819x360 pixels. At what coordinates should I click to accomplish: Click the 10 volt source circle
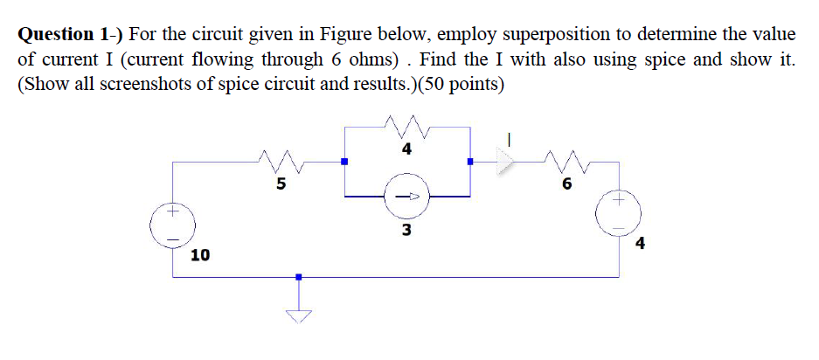[x=172, y=225]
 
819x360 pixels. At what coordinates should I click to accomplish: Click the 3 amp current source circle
[x=407, y=197]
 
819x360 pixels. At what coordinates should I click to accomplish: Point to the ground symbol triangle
[x=298, y=315]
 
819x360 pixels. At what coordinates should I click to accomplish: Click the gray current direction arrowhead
[x=502, y=162]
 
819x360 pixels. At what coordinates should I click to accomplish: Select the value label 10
[x=200, y=255]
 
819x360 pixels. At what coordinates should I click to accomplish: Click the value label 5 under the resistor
[x=281, y=183]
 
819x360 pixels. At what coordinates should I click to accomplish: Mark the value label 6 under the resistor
[x=566, y=183]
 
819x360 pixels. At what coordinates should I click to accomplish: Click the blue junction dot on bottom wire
[x=298, y=277]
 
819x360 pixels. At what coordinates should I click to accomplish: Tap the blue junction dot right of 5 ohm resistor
[x=344, y=162]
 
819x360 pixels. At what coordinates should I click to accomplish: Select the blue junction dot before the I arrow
[x=470, y=162]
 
